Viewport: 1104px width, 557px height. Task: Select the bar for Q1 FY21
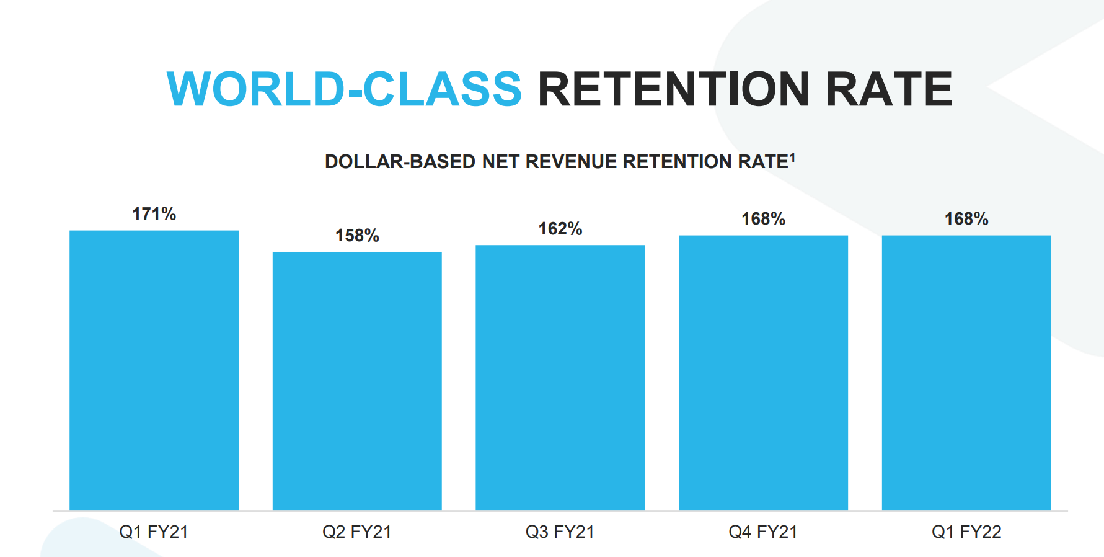[x=154, y=370]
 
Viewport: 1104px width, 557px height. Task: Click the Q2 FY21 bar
[x=357, y=381]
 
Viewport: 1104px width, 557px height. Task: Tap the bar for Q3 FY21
[x=560, y=378]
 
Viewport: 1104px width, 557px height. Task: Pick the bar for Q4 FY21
[x=763, y=373]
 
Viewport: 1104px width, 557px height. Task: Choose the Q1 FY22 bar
[x=966, y=373]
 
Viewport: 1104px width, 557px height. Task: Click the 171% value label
[x=154, y=214]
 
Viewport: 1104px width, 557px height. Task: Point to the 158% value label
[x=357, y=236]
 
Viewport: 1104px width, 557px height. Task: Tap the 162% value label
[x=560, y=229]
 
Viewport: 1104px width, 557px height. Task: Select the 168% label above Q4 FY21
[x=764, y=219]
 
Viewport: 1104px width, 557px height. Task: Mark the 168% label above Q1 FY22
[x=966, y=219]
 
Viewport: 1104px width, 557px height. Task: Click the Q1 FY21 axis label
[x=154, y=532]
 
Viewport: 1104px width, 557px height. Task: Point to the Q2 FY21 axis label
[x=357, y=532]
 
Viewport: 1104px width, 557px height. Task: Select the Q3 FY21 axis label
[x=560, y=532]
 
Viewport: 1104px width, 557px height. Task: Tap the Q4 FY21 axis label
[x=763, y=532]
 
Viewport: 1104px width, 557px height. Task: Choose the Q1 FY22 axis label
[x=966, y=532]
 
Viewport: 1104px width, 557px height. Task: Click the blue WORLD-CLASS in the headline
[x=345, y=89]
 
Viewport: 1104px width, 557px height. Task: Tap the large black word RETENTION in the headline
[x=674, y=89]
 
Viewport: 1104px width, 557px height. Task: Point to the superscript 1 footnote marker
[x=792, y=158]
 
